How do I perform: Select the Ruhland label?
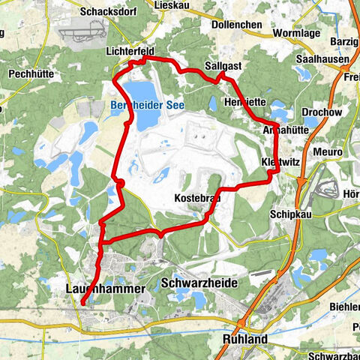[244, 339]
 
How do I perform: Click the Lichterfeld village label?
[130, 51]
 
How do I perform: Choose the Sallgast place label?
[223, 66]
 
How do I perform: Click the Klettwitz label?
[279, 162]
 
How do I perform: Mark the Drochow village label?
[319, 111]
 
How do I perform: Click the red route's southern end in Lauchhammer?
[81, 303]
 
